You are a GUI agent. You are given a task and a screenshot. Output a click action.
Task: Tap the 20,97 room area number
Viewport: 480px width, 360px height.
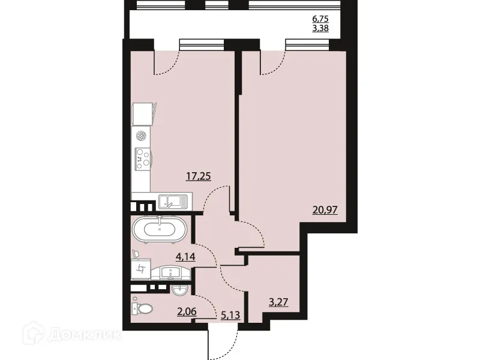point(325,210)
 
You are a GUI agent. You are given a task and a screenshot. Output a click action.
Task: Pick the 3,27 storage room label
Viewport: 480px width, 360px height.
point(278,302)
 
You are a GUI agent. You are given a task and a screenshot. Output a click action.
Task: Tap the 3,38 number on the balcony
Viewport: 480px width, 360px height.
point(320,27)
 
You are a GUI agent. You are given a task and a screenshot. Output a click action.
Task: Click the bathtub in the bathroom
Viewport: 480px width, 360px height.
point(159,229)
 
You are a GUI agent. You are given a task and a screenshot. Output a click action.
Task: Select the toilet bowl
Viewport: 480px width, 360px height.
point(142,308)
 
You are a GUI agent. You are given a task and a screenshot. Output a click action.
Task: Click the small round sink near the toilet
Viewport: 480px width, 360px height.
point(181,291)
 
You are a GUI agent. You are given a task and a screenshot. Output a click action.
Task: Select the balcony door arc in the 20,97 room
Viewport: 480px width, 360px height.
point(272,63)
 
